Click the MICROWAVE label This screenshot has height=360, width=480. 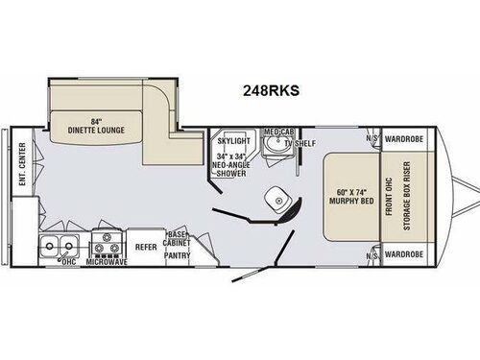(x=108, y=260)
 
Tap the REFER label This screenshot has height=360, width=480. (x=145, y=246)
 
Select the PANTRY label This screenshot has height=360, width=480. (x=177, y=256)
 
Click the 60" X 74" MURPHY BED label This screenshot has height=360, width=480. (x=350, y=200)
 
